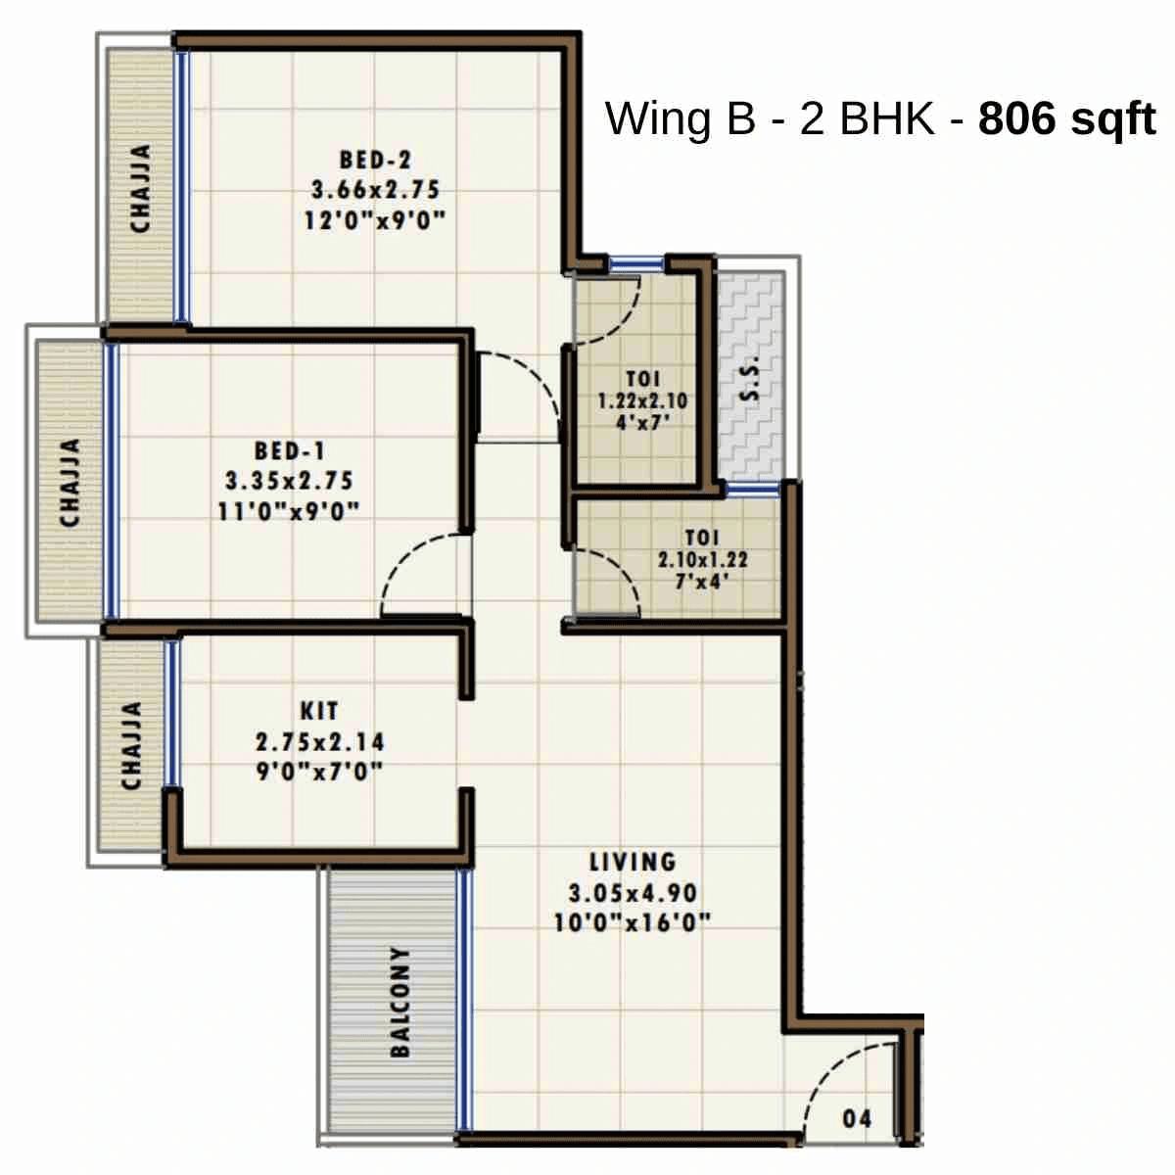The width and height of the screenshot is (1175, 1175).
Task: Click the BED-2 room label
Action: click(375, 159)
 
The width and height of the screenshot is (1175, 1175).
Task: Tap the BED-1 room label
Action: click(289, 451)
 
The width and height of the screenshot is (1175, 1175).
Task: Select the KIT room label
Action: click(319, 711)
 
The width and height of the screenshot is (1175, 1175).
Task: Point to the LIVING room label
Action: click(633, 863)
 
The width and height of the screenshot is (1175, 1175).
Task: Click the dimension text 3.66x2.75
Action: click(375, 189)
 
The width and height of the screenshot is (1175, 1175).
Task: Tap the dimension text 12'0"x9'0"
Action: click(375, 220)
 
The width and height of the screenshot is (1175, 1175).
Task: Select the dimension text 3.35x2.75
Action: click(289, 482)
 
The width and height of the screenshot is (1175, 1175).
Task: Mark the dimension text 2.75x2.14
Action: click(319, 741)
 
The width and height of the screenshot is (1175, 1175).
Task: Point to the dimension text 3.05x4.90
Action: click(633, 893)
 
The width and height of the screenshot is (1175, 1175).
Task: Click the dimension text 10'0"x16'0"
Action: click(633, 923)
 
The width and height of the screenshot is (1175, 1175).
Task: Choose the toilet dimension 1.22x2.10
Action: click(642, 401)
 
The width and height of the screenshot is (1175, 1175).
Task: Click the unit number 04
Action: click(857, 1118)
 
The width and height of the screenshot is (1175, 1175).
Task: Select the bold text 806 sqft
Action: click(1067, 118)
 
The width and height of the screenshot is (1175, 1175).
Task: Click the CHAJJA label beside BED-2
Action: click(141, 188)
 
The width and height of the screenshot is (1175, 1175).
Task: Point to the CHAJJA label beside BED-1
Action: click(70, 482)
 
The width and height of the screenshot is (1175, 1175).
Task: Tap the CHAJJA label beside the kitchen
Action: click(131, 745)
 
